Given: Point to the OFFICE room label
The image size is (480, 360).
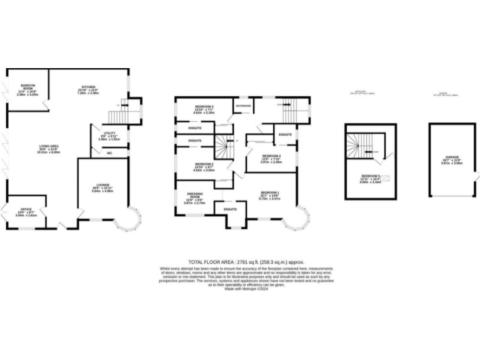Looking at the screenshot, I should pos(26,201).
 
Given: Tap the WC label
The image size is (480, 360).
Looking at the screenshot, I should pos(109,152).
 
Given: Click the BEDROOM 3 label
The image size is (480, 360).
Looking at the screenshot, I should pos(204,107).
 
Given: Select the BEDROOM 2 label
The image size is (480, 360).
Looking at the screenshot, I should pos(204,164).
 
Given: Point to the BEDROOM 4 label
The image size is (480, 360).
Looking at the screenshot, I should pos(271,155).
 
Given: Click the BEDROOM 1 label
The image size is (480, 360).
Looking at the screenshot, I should pos(269,192).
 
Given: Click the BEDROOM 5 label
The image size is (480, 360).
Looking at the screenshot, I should pos(370,176).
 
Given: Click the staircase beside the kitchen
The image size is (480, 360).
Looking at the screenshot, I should pos(117,116).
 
